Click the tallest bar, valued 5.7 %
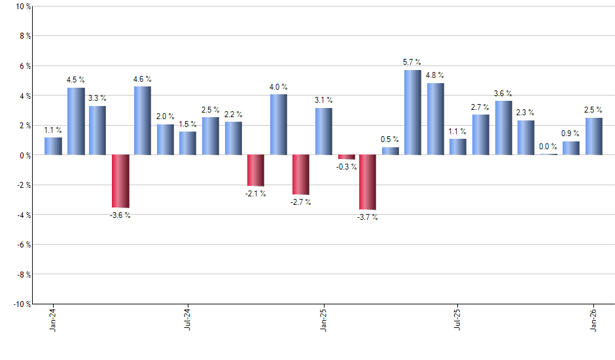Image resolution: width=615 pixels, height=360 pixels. click(x=412, y=113)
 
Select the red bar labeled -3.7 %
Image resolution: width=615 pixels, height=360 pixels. click(x=367, y=182)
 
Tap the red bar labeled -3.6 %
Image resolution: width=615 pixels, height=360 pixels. click(x=120, y=181)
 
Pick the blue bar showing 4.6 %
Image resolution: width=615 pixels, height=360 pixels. click(x=143, y=120)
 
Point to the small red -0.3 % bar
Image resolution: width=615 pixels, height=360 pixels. click(x=347, y=157)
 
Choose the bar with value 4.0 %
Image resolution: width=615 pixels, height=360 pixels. click(x=278, y=124)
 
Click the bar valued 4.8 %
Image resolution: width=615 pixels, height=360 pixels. click(x=435, y=119)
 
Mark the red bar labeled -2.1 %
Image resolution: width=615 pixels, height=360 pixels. click(x=255, y=170)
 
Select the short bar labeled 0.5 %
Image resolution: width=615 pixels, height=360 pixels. click(x=390, y=151)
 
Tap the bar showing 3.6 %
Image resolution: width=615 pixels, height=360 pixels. click(x=503, y=128)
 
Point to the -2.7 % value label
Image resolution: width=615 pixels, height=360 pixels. click(x=300, y=202)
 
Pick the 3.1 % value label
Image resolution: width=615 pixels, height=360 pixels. click(x=323, y=100)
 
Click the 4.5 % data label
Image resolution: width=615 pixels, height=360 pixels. click(x=76, y=80)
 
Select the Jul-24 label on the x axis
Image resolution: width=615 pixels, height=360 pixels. click(x=188, y=319)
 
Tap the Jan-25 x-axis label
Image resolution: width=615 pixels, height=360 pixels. click(x=323, y=319)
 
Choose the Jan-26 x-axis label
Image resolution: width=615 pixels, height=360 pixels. click(x=593, y=319)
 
